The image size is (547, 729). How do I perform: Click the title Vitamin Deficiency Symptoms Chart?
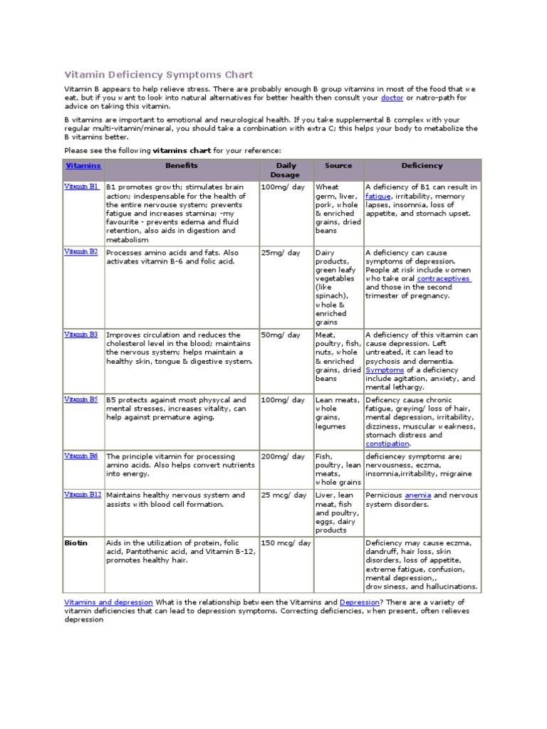tap(158, 74)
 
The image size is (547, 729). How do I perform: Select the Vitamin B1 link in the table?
tap(81, 187)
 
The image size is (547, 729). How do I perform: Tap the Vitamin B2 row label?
tap(81, 252)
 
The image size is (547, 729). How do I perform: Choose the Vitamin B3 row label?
tap(81, 334)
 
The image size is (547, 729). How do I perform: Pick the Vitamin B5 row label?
tap(81, 399)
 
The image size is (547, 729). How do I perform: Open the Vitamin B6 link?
tap(81, 456)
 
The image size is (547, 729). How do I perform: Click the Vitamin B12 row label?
tap(83, 495)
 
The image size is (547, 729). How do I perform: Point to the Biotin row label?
tap(75, 542)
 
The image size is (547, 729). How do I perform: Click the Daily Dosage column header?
tap(286, 169)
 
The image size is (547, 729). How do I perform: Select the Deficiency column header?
tap(422, 165)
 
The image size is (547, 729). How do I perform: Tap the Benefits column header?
tap(182, 165)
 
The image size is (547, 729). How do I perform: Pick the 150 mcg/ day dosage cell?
tap(286, 542)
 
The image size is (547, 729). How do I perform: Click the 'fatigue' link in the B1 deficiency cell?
tap(378, 196)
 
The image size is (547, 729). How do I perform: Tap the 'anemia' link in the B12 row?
tap(417, 495)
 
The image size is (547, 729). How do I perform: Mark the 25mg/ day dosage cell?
tap(281, 253)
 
